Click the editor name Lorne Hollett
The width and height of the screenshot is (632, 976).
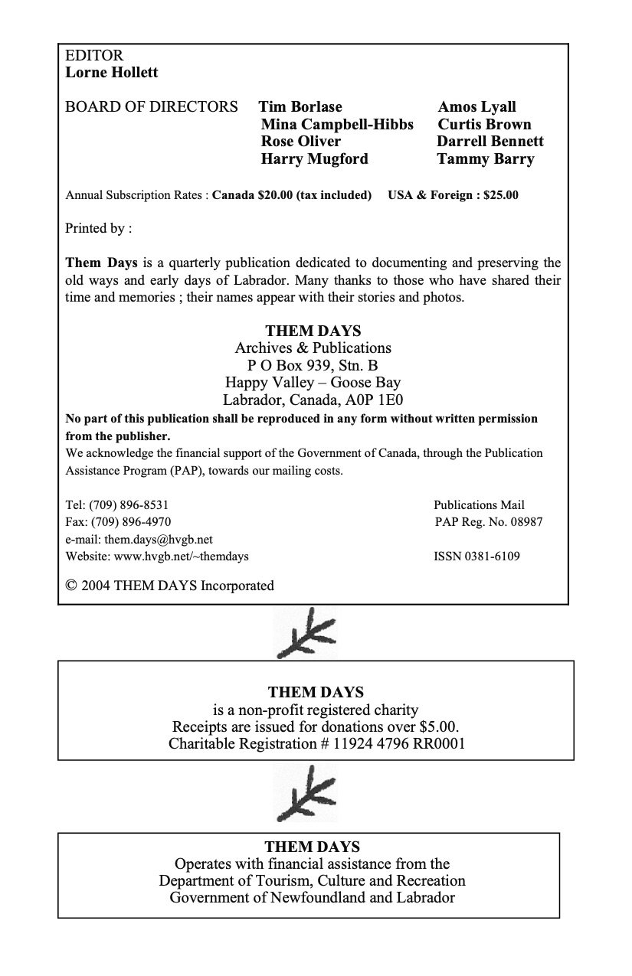[x=112, y=73]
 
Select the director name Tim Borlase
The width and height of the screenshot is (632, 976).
[x=300, y=107]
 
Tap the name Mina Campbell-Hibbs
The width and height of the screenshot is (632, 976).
[x=336, y=125]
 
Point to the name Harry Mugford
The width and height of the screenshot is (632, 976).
[x=314, y=159]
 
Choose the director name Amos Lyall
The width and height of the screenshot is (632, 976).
[x=476, y=107]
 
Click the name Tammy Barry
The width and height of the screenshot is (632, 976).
[x=485, y=159]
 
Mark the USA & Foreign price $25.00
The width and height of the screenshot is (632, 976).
[x=496, y=195]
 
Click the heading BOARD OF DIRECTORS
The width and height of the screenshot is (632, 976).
[x=152, y=107]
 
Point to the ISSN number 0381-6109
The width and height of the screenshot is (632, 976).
[x=491, y=557]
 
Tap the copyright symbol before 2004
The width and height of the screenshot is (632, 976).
[x=71, y=586]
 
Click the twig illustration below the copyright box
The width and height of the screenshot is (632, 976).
[x=306, y=633]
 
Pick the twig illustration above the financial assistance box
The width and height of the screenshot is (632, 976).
[x=306, y=793]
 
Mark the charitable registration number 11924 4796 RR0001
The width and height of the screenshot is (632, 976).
[x=398, y=744]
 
